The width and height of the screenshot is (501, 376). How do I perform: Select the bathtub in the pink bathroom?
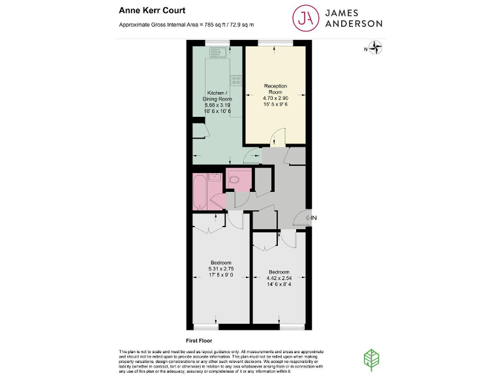(x=199, y=192)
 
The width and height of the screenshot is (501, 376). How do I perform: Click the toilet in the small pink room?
(x=235, y=178)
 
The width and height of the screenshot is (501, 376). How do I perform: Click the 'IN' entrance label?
(x=314, y=218)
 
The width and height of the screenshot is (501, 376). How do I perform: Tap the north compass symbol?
(x=375, y=48)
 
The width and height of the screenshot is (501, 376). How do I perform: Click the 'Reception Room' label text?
(x=275, y=89)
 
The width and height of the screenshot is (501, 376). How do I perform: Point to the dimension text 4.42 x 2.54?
(x=279, y=277)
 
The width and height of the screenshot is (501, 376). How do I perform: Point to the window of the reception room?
(x=275, y=43)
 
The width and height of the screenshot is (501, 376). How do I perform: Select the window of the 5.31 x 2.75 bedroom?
(x=207, y=326)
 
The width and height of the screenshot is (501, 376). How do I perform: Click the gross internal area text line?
(x=186, y=25)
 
